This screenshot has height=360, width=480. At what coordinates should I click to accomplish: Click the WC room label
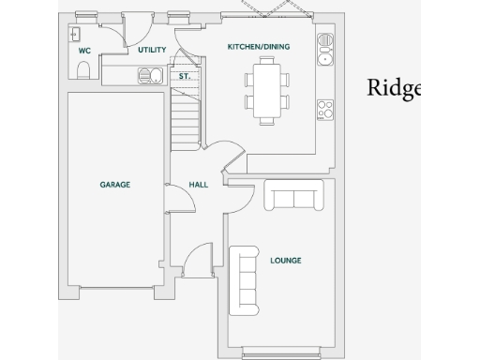click(84, 50)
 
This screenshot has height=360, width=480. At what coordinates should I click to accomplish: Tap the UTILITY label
click(152, 50)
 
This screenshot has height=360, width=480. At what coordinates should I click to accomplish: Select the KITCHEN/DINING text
click(259, 46)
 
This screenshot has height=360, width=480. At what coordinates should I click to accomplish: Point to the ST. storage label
click(185, 75)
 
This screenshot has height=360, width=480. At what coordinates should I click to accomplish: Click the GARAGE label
click(114, 185)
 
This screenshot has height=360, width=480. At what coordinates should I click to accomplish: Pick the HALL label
click(198, 185)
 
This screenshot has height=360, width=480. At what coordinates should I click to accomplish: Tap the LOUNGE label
click(285, 260)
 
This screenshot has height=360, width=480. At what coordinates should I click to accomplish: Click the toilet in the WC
click(83, 71)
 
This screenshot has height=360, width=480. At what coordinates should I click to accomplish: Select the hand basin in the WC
click(74, 35)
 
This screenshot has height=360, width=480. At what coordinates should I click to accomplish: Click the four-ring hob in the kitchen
click(326, 109)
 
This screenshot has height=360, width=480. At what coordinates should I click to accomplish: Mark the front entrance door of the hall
click(198, 260)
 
